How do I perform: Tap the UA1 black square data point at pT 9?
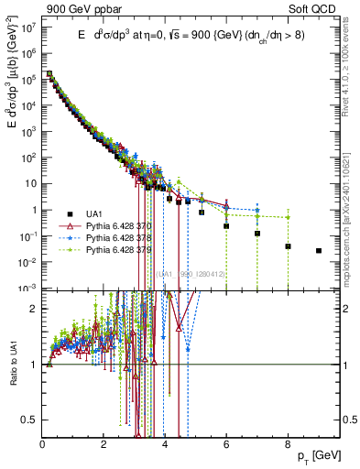click(319, 250)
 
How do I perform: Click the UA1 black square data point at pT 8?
click(288, 246)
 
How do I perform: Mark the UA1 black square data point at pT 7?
click(257, 234)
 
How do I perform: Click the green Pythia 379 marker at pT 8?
click(288, 217)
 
